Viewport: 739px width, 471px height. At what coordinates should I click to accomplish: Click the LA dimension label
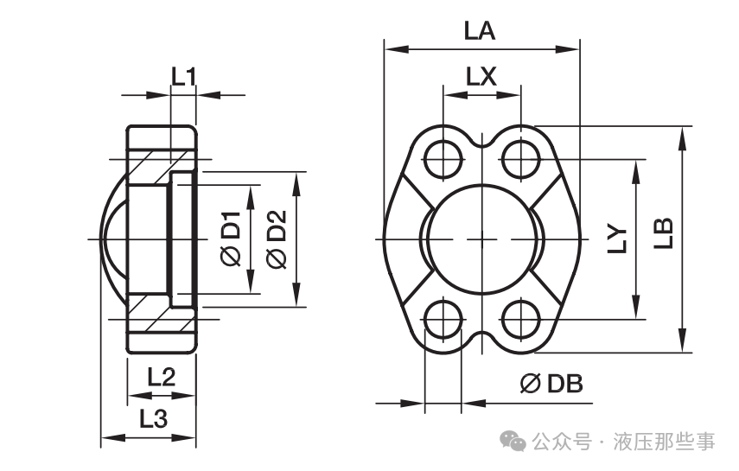pos(480,31)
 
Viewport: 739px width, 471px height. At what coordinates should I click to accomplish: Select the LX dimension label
pos(481,76)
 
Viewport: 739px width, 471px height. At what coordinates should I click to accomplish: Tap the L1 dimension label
pos(183,77)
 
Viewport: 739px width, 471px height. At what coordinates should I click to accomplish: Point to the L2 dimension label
pos(161,377)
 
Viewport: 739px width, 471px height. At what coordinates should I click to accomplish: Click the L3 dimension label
pos(154,418)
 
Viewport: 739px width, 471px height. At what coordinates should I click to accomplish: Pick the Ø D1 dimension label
pos(231,239)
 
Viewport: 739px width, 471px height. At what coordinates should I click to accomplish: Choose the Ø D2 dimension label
pos(277,239)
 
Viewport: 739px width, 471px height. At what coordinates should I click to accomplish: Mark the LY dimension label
pos(617,239)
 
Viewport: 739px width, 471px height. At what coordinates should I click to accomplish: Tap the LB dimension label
pos(663,233)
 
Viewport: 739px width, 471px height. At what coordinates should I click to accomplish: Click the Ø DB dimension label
pos(552,384)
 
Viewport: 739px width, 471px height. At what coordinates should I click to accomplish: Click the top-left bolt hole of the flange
pos(443,159)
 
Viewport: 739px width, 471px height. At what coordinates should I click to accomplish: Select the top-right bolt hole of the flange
pos(521,159)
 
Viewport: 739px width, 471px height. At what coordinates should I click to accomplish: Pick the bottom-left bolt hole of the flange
pos(443,319)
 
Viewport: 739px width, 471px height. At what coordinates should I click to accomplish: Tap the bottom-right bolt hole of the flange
pos(521,319)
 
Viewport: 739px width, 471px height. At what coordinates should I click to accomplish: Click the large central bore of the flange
pos(481,239)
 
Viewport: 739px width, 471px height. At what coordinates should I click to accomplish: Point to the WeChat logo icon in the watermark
pos(513,441)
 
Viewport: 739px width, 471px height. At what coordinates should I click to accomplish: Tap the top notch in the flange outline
pos(481,141)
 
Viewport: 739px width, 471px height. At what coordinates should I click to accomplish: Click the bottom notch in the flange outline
pos(481,338)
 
